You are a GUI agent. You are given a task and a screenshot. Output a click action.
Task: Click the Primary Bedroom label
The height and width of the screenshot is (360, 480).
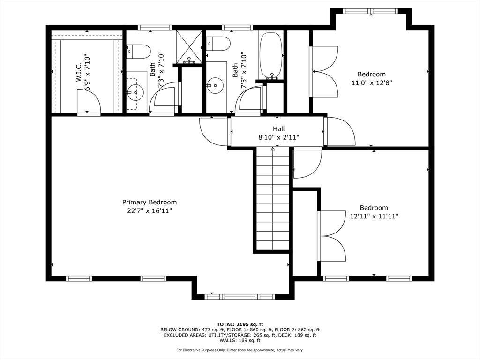point(150,202)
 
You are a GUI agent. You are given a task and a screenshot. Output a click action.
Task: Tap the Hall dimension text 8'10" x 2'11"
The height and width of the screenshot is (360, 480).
point(278,137)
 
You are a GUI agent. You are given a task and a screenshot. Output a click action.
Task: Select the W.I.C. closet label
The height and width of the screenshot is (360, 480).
point(79,72)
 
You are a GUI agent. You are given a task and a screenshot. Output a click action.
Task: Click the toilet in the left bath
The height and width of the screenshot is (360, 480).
point(139,52)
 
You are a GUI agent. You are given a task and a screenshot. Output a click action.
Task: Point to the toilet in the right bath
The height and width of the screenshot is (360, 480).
point(218,44)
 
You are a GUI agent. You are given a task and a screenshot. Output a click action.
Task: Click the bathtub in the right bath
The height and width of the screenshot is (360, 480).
point(271,54)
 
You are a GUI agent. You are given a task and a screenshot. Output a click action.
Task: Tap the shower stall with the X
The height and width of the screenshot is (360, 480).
point(189,47)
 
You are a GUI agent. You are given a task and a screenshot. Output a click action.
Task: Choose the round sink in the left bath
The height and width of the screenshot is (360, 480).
point(135,92)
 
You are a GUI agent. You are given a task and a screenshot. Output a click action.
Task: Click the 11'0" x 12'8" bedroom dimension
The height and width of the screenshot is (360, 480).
point(372,82)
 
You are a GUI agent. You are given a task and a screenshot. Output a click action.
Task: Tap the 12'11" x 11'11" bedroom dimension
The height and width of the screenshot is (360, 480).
point(374,216)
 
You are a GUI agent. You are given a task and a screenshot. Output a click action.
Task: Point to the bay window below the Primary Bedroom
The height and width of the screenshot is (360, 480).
point(239,296)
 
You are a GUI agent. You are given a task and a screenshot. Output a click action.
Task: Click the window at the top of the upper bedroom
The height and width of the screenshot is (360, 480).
point(370,11)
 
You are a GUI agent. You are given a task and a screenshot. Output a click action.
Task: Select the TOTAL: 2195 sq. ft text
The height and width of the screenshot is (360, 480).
point(240,324)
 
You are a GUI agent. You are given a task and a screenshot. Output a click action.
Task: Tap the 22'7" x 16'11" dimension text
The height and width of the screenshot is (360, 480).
point(150,211)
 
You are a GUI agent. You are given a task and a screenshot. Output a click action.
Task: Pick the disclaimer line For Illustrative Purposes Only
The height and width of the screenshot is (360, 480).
point(240,350)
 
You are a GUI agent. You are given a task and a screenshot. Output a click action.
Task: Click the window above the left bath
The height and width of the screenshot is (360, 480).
point(155,28)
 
